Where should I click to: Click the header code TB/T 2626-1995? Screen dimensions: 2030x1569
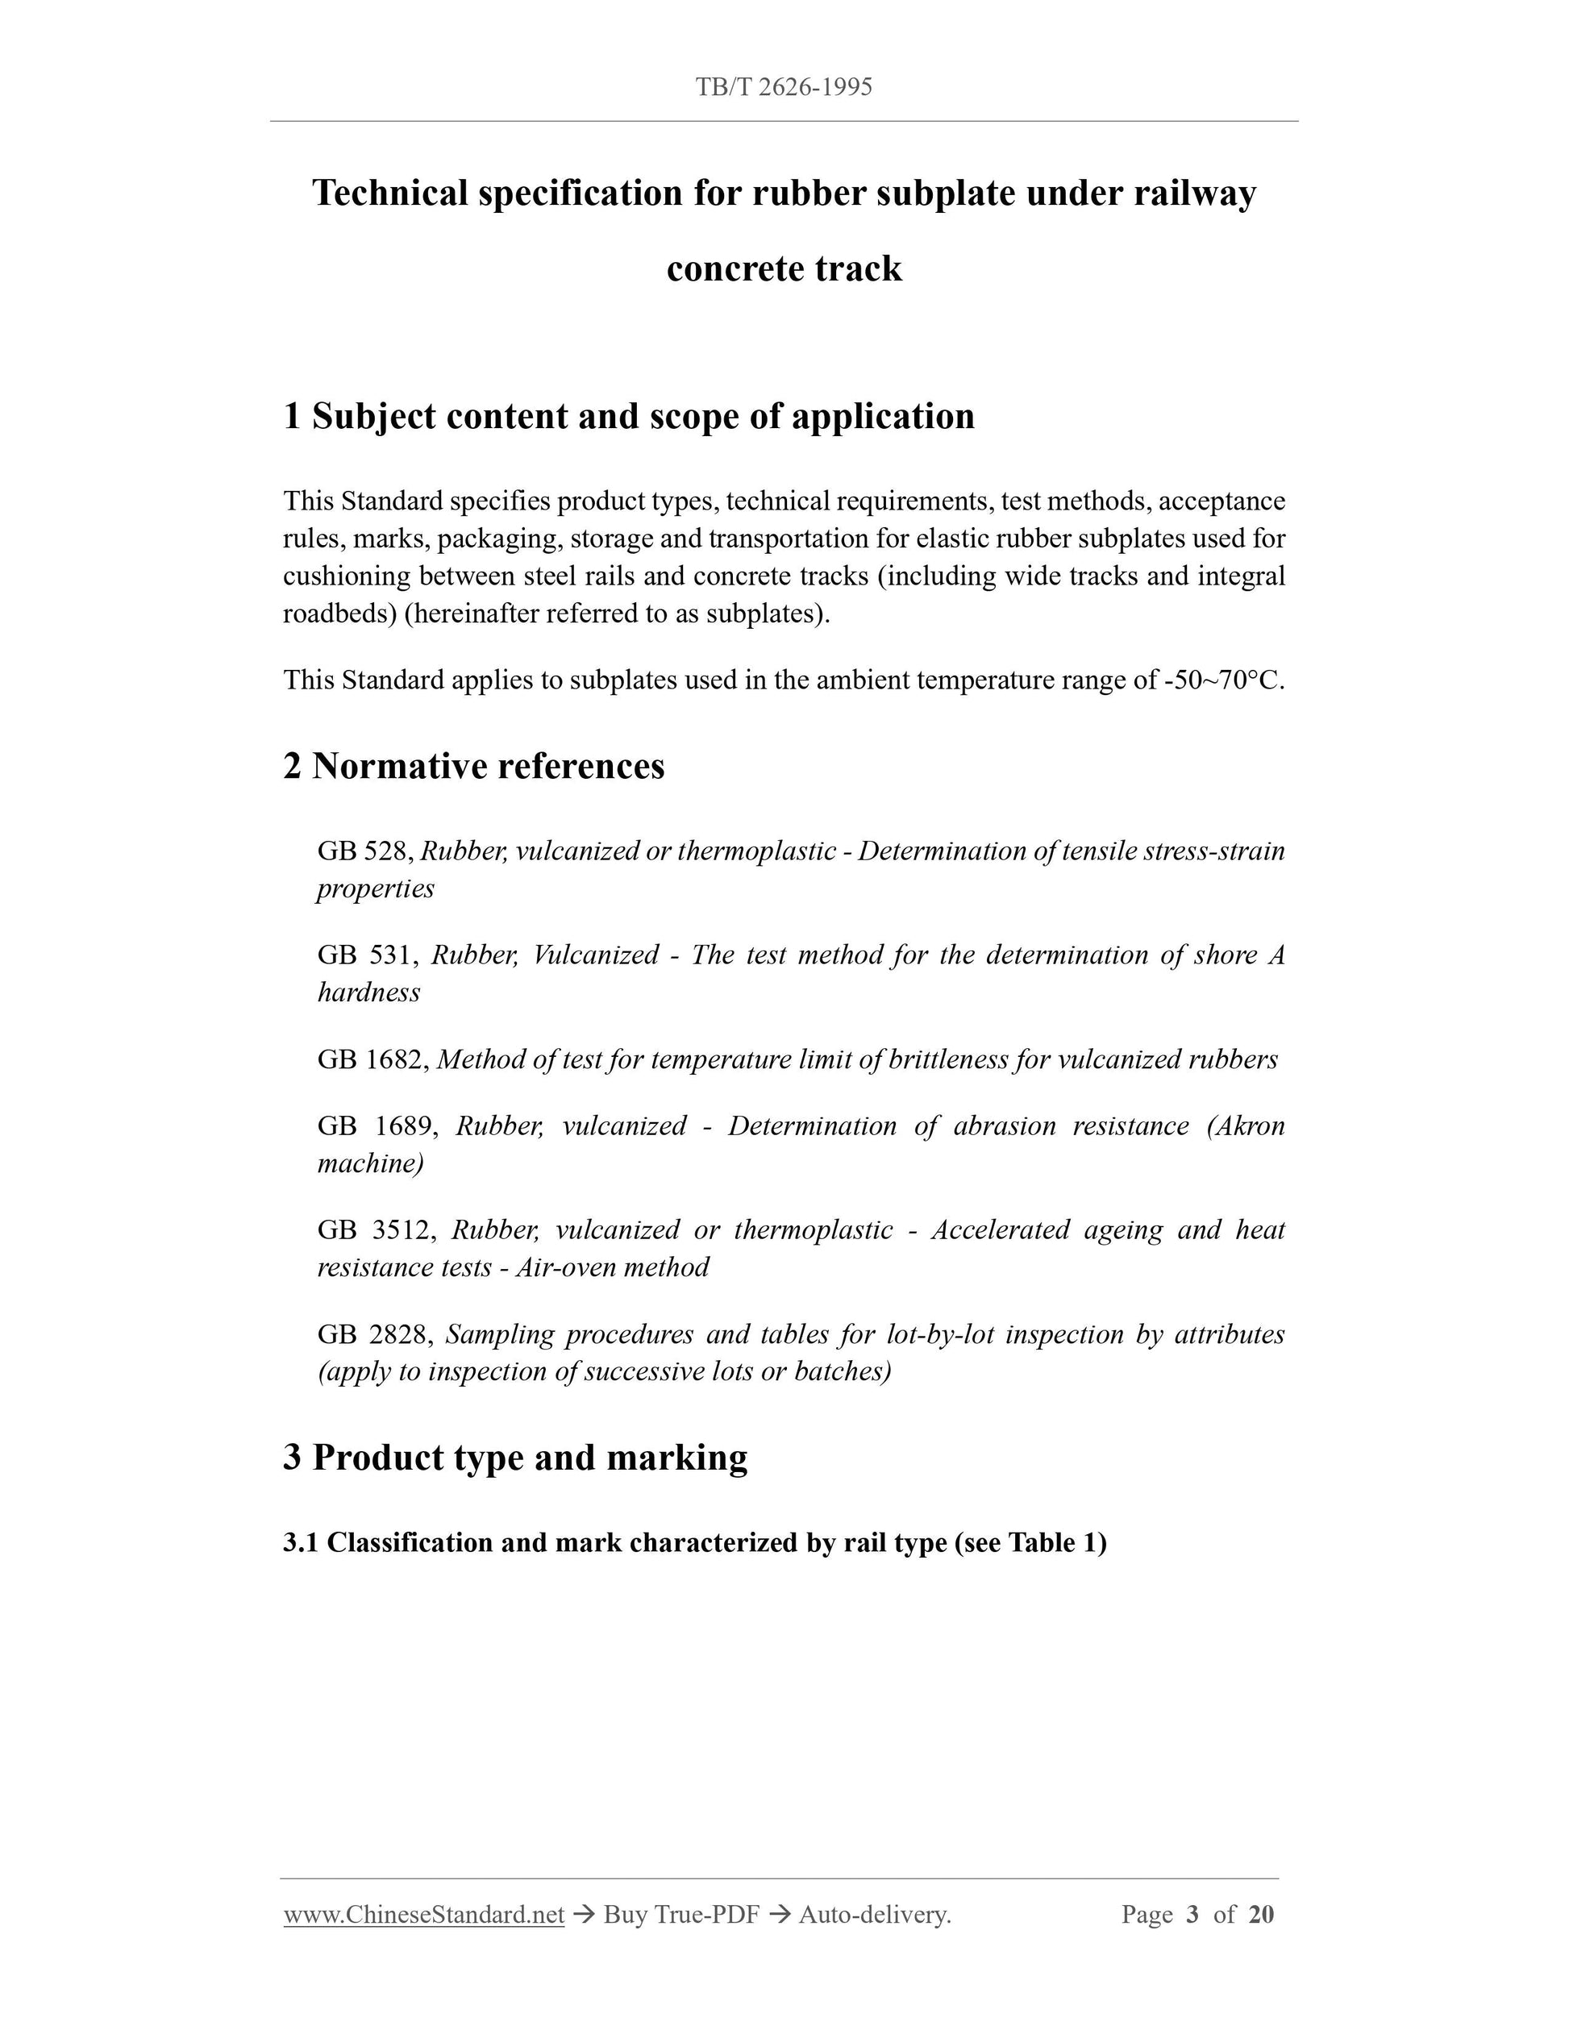coord(784,87)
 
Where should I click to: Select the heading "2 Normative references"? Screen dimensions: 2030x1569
coord(474,766)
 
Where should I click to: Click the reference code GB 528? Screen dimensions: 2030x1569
coord(364,851)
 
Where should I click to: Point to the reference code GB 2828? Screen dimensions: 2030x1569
coord(373,1335)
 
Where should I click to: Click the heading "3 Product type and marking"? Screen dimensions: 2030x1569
coord(515,1458)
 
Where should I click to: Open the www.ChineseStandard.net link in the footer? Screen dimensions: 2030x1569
coord(424,1915)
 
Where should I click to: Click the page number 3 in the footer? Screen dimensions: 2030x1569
coord(1192,1915)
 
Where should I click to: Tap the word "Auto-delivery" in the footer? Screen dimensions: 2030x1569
coord(873,1915)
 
